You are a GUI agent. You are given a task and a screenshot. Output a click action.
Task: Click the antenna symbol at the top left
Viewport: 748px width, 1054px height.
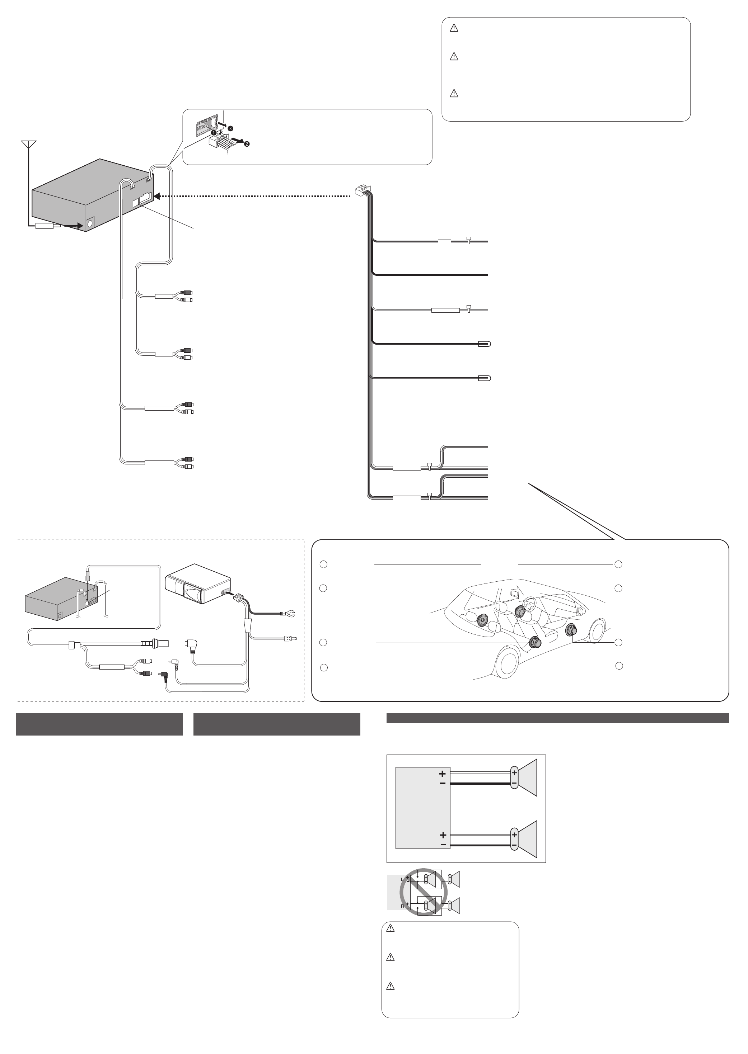[x=29, y=144]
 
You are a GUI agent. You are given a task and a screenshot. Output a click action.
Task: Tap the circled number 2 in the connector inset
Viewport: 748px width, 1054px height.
[x=247, y=144]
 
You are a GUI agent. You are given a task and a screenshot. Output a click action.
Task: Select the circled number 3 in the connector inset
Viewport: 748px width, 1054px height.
[x=231, y=128]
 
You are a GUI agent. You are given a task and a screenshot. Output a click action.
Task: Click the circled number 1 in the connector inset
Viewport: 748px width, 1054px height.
[x=213, y=133]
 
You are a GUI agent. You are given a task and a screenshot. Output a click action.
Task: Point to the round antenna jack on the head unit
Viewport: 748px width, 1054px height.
[x=89, y=224]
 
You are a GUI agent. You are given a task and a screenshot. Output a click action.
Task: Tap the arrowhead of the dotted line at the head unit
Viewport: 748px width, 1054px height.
[x=156, y=197]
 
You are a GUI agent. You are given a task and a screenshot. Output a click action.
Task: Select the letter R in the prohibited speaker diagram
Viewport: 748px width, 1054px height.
[x=402, y=906]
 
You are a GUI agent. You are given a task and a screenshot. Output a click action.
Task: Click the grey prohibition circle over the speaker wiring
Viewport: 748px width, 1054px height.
[x=423, y=892]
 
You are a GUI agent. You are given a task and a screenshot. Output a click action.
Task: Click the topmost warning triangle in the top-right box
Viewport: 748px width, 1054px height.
[x=454, y=28]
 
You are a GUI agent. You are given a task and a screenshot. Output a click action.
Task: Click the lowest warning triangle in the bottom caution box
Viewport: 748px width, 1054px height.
[x=390, y=986]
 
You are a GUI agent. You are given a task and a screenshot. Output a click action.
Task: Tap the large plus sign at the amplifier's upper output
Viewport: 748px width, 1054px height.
[x=442, y=774]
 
